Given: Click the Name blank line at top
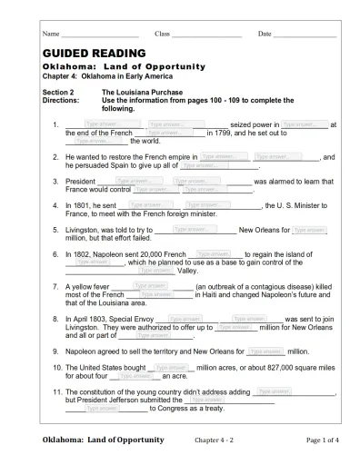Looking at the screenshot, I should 99,35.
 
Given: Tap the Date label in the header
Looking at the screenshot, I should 265,34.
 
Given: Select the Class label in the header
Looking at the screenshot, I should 163,34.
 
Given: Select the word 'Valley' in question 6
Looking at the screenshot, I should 187,271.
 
